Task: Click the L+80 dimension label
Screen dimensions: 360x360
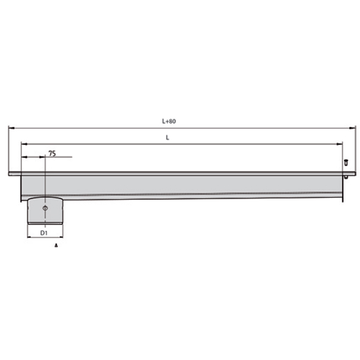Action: pyautogui.click(x=169, y=121)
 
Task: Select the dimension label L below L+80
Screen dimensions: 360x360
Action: pyautogui.click(x=168, y=138)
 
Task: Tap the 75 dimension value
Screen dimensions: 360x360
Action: pyautogui.click(x=52, y=154)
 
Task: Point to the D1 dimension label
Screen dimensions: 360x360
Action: pyautogui.click(x=44, y=233)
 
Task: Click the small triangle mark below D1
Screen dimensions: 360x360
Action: pyautogui.click(x=56, y=245)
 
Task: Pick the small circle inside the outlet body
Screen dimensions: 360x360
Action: pyautogui.click(x=45, y=208)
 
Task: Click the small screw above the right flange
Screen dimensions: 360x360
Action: pyautogui.click(x=346, y=163)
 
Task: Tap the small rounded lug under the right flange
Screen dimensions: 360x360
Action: pyautogui.click(x=346, y=177)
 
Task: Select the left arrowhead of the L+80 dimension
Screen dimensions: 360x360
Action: pyautogui.click(x=12, y=128)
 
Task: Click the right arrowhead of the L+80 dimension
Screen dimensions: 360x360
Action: pyautogui.click(x=353, y=128)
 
